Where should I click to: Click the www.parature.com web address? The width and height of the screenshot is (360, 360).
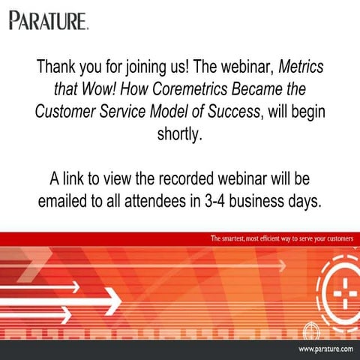(325, 349)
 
